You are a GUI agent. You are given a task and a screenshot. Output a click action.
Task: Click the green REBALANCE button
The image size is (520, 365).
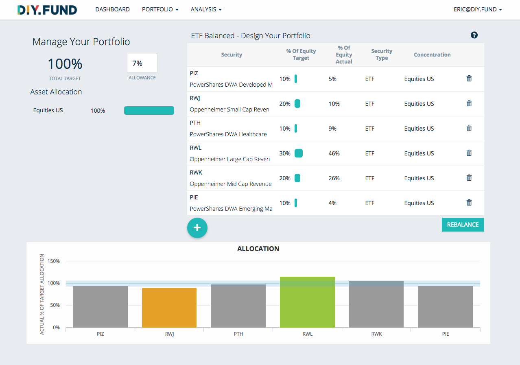click(x=463, y=225)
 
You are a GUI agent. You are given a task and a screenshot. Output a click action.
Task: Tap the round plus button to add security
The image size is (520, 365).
click(x=197, y=228)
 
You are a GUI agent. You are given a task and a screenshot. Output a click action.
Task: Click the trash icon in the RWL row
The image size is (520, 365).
click(x=469, y=153)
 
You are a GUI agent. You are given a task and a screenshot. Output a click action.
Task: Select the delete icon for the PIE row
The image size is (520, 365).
click(x=469, y=203)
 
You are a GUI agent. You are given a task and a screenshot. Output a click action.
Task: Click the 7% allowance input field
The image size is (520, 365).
click(x=142, y=63)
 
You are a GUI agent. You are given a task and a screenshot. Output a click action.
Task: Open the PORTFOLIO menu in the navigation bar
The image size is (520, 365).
click(x=160, y=9)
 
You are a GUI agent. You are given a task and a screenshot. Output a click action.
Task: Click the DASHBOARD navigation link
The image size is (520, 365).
click(x=112, y=9)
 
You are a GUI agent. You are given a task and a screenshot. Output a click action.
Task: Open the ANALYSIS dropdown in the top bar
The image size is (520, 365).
click(x=206, y=9)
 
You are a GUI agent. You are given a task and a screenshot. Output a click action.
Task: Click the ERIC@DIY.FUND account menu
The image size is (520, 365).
click(x=477, y=9)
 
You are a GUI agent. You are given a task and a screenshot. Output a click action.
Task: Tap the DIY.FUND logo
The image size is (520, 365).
click(x=47, y=10)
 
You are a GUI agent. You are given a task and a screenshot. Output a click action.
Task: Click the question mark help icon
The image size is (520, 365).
click(x=474, y=35)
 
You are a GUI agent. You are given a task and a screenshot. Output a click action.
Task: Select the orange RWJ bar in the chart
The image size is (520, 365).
click(x=169, y=308)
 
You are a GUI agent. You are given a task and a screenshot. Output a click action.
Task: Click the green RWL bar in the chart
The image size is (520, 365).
click(x=307, y=302)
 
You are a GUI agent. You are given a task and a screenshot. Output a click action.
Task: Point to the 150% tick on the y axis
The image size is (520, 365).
click(x=54, y=261)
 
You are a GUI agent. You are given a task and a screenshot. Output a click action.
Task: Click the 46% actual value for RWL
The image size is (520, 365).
click(x=334, y=153)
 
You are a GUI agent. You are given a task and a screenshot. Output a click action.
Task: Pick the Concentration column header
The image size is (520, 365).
click(x=432, y=55)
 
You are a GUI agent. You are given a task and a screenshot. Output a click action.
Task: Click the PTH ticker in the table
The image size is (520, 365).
click(x=195, y=123)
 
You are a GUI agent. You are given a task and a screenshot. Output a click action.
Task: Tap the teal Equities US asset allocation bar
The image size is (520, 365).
click(x=149, y=111)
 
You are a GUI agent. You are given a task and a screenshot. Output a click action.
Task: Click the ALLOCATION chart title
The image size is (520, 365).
click(x=258, y=249)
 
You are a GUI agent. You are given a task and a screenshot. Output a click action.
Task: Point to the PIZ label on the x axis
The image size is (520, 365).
click(x=100, y=334)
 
